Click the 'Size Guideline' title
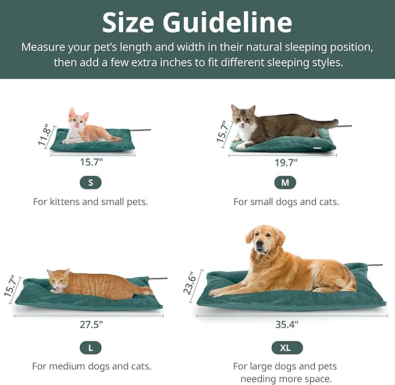tap(197, 22)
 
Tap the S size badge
tap(90, 182)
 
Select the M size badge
tap(285, 183)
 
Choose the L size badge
tap(90, 348)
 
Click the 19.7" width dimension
tap(286, 163)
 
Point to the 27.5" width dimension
tap(91, 324)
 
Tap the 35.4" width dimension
tap(290, 324)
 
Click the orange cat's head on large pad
tap(59, 280)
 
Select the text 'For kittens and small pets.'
tap(90, 202)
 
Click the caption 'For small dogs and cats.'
tap(286, 202)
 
